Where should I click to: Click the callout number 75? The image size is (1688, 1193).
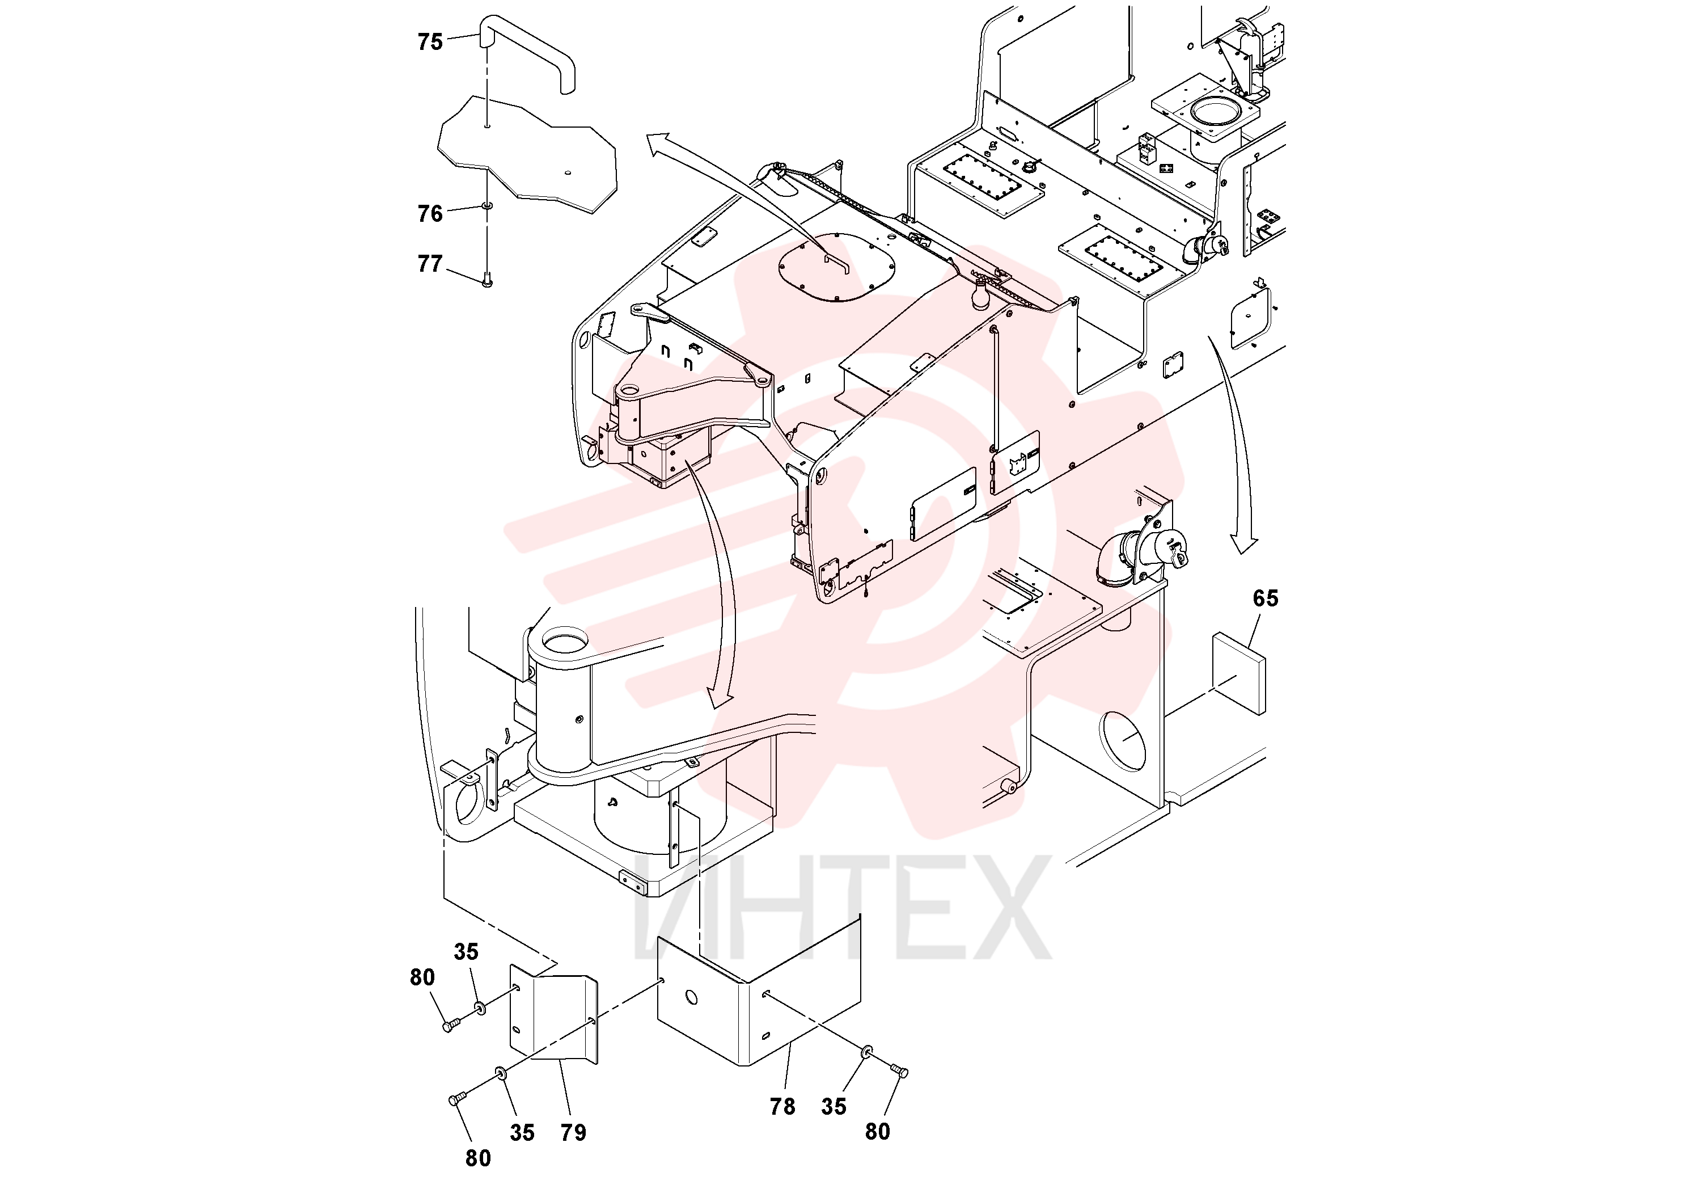[x=430, y=42]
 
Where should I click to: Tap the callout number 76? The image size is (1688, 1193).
[x=430, y=213]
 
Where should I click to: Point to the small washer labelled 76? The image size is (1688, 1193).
[x=486, y=206]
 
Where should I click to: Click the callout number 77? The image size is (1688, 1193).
[x=430, y=263]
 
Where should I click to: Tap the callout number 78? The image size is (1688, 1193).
[x=782, y=1106]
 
